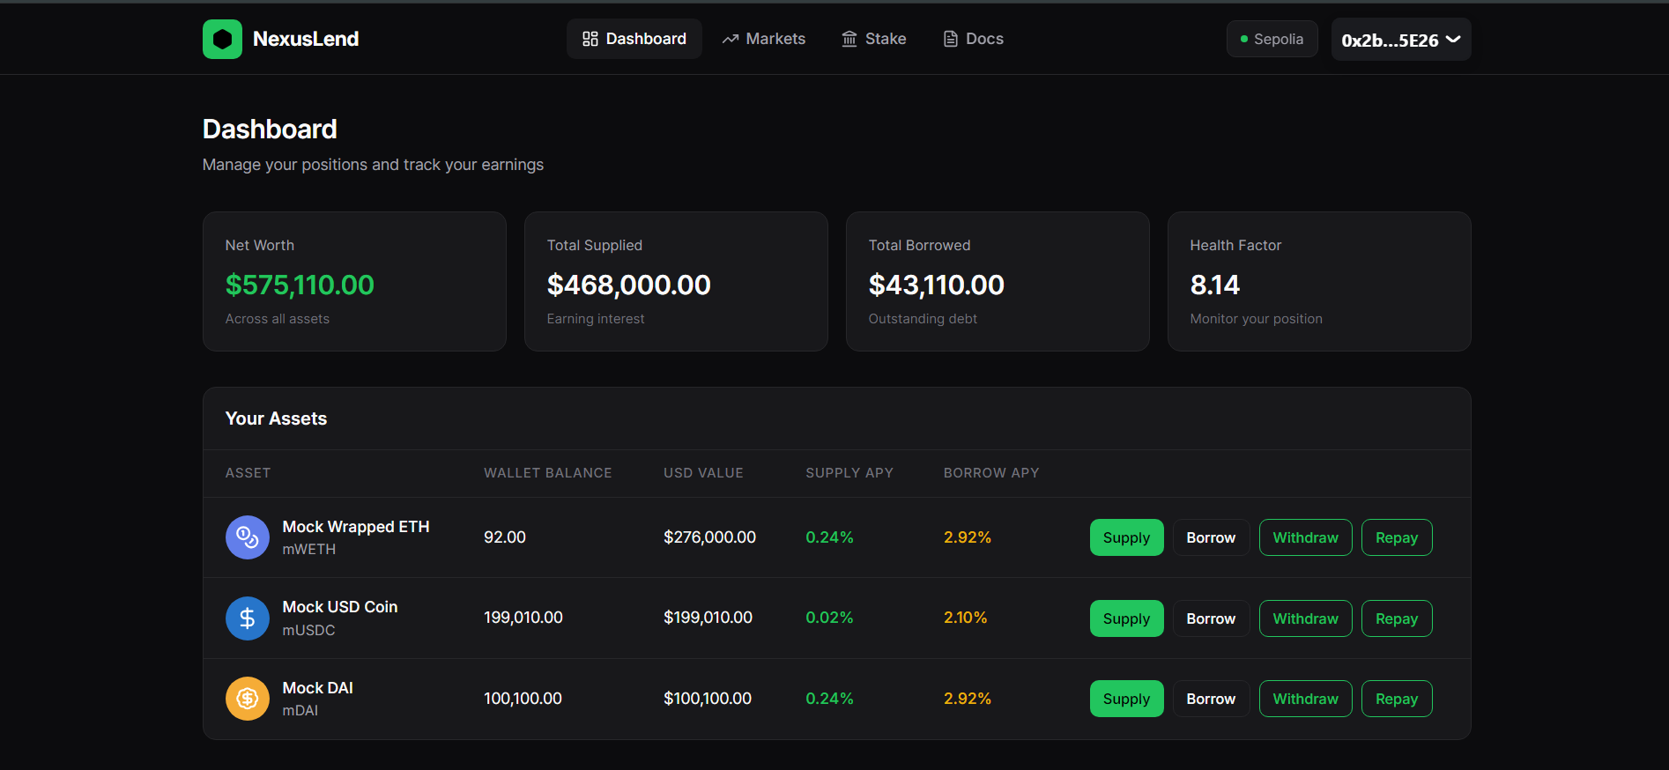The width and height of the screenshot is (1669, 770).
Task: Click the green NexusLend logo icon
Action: [222, 40]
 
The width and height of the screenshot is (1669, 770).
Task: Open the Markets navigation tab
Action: [763, 39]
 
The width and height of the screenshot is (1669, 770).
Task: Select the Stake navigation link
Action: [873, 39]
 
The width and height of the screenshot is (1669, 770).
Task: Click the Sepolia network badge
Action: [1272, 39]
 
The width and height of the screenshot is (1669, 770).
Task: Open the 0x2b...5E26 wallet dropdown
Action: [1400, 40]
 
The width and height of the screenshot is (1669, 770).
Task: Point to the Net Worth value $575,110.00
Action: [300, 285]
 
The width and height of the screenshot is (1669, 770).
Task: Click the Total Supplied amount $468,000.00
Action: [628, 285]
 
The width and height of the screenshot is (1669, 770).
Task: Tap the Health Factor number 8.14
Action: [1214, 285]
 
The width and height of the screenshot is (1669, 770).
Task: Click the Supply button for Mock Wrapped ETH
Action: [1126, 537]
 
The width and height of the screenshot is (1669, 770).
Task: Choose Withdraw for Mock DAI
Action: [1305, 699]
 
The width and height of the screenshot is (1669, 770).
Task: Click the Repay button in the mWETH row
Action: [1396, 537]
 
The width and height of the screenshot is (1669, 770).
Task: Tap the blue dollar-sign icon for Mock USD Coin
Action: [248, 618]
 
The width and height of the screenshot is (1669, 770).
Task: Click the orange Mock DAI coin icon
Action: [248, 699]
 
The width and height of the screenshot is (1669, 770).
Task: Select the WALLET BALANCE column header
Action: [547, 473]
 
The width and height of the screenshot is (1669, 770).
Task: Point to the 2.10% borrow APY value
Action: [965, 618]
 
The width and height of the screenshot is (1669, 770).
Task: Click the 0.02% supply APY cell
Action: [828, 618]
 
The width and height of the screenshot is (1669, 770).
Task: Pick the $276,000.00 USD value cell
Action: [709, 537]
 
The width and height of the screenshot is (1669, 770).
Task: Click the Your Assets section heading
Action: [276, 418]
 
